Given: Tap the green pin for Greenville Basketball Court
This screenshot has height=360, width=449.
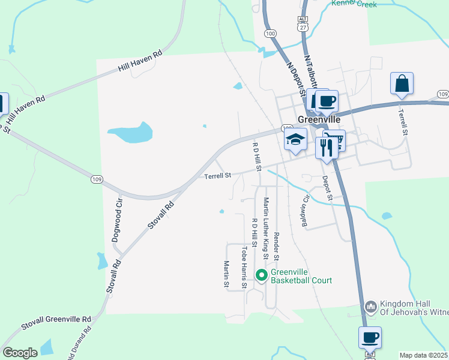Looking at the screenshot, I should pyautogui.click(x=261, y=276).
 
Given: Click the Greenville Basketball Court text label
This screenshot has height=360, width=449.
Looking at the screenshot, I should pyautogui.click(x=301, y=276).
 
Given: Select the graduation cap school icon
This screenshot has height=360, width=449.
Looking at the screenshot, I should pyautogui.click(x=295, y=140).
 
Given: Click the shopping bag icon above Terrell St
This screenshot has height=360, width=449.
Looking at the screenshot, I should pyautogui.click(x=402, y=83).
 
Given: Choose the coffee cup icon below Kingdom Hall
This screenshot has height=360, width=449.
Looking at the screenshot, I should pyautogui.click(x=370, y=337).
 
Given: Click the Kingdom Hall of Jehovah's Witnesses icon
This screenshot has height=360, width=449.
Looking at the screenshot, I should pyautogui.click(x=370, y=307).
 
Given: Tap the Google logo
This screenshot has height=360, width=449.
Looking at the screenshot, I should pyautogui.click(x=20, y=353).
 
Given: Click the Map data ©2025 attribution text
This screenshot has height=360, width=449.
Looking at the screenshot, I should pyautogui.click(x=423, y=355).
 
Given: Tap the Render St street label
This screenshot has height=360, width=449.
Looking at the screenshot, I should pyautogui.click(x=276, y=246).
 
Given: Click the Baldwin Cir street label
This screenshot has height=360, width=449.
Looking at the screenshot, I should pyautogui.click(x=306, y=211).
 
